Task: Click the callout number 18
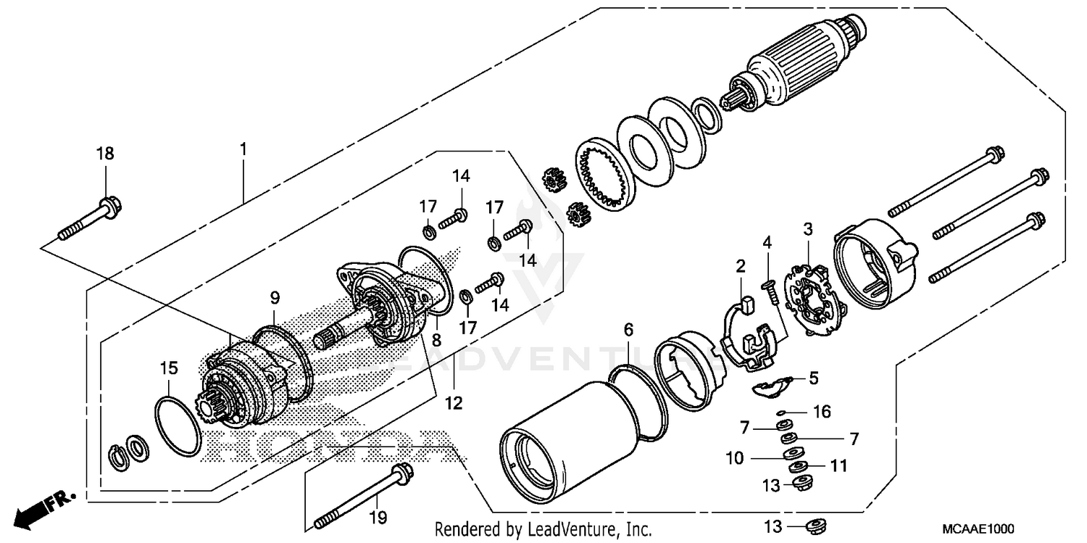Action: tap(105, 154)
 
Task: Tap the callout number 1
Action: tap(243, 149)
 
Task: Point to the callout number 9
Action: tap(275, 297)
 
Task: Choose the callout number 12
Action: tap(454, 403)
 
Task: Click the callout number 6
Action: tap(628, 331)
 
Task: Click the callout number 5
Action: tap(813, 378)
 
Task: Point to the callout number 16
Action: tap(820, 412)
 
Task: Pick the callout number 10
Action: tap(733, 458)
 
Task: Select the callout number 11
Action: tap(838, 466)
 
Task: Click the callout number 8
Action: tap(436, 339)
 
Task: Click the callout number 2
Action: tap(741, 267)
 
